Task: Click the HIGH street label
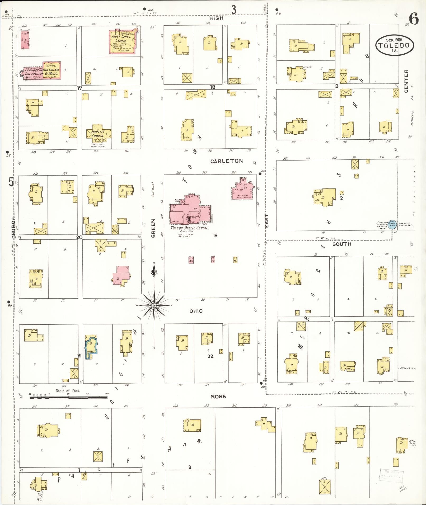point(216,18)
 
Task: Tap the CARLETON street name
point(227,161)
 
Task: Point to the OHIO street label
point(196,311)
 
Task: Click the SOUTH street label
point(341,244)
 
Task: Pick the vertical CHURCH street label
point(13,228)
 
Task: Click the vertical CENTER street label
point(406,81)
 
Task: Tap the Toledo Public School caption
point(190,228)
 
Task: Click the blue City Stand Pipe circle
point(393,224)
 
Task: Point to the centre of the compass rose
point(154,305)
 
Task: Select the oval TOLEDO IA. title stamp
point(395,45)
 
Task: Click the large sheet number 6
point(414,19)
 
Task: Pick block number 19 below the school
point(215,235)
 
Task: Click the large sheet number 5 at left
point(11,182)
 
